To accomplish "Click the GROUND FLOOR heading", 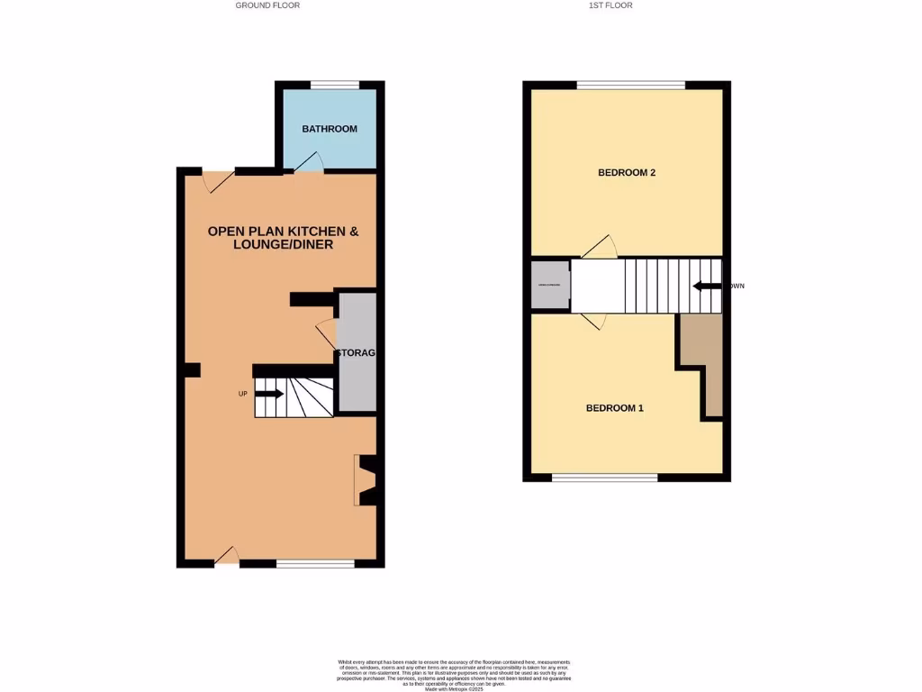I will (267, 5).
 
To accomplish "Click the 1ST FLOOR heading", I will (610, 5).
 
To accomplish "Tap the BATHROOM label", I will (330, 129).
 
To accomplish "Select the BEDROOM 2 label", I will (627, 172).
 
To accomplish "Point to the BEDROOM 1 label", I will (615, 408).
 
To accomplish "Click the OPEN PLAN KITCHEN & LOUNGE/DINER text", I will (284, 238).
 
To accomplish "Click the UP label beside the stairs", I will (242, 394).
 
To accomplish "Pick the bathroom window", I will (335, 86).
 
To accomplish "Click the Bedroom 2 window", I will (631, 86).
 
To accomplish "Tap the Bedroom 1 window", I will (605, 477).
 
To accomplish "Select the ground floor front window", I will (315, 564).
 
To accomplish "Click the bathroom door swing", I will (309, 162).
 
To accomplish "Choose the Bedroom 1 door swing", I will (593, 321).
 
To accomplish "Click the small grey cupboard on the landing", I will (549, 286).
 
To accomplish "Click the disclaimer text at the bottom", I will (460, 675).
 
